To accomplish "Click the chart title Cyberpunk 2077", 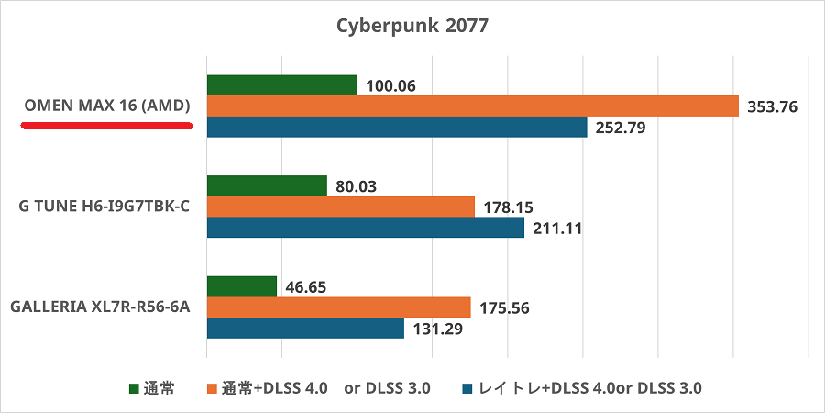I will pos(412,25).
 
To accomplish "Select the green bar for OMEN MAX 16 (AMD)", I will pos(282,85).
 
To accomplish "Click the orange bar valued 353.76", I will pos(473,106).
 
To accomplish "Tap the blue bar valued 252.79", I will pos(397,127).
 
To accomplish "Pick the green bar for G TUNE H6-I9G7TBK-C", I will pos(267,185).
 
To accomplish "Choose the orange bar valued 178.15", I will pos(341,206).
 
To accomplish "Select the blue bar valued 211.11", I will pos(366,227).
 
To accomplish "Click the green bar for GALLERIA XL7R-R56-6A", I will pos(242,286).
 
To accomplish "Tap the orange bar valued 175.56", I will pos(339,307).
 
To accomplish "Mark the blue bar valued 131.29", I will pos(305,328).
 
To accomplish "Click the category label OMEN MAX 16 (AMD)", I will pos(106,106).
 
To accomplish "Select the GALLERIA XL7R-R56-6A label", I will pos(100,307).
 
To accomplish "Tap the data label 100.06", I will pos(390,86).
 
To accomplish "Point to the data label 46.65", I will pos(306,287).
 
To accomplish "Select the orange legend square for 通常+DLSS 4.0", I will pos(213,388).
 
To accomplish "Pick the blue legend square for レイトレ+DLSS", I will pos(467,388).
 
